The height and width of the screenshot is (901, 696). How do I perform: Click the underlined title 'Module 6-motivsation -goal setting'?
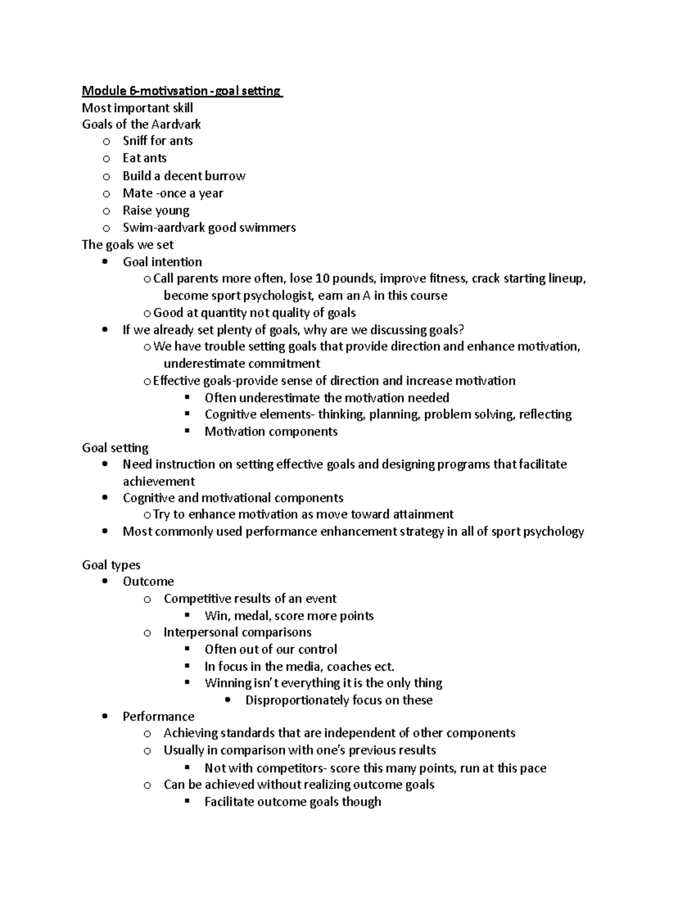tap(181, 91)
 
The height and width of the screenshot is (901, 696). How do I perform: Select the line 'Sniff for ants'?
tap(157, 141)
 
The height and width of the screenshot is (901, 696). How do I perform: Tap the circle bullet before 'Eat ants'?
tap(106, 159)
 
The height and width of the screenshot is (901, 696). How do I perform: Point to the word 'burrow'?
tap(225, 176)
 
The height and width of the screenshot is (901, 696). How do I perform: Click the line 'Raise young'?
tap(155, 211)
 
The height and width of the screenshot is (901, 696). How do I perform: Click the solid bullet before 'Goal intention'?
tap(104, 262)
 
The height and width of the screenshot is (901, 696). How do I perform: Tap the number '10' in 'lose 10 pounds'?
tap(323, 278)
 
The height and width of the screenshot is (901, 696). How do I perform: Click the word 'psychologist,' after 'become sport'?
tap(280, 295)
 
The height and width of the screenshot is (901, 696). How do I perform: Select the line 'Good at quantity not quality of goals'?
tap(254, 313)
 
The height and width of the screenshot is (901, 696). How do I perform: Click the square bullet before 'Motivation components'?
tap(187, 431)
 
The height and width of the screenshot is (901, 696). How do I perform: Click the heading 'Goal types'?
tap(111, 565)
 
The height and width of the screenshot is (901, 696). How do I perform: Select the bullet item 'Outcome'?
tap(148, 581)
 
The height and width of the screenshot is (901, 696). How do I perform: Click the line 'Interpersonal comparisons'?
tap(237, 632)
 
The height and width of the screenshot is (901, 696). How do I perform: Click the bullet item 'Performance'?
tap(158, 717)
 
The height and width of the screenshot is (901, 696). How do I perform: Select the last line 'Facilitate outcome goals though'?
tap(292, 802)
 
